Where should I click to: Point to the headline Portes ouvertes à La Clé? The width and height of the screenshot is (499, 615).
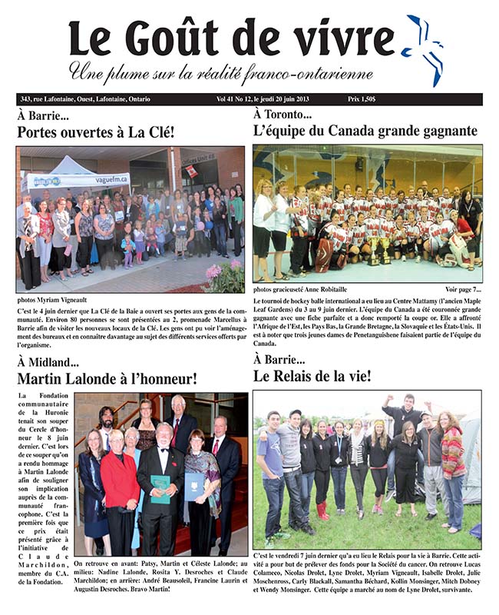[x=96, y=131]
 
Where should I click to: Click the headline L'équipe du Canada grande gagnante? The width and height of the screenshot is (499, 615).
[x=365, y=131]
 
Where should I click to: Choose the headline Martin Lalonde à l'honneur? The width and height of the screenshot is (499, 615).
[x=107, y=378]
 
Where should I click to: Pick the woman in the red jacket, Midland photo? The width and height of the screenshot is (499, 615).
[x=121, y=484]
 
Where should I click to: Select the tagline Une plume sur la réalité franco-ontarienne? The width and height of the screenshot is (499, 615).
[x=221, y=72]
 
